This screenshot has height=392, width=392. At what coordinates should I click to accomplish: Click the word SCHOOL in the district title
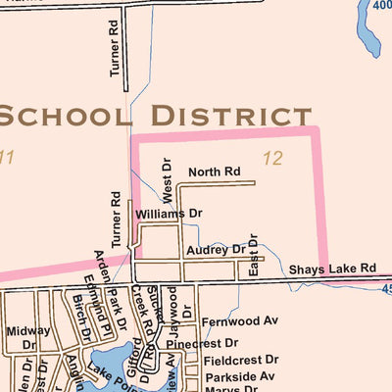point(63,115)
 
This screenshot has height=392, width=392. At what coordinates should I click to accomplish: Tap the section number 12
point(272,157)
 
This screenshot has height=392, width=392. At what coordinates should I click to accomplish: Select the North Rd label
point(214,171)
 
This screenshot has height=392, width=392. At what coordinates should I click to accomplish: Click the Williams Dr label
point(169,213)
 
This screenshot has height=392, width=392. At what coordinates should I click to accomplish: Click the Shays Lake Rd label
point(331,269)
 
